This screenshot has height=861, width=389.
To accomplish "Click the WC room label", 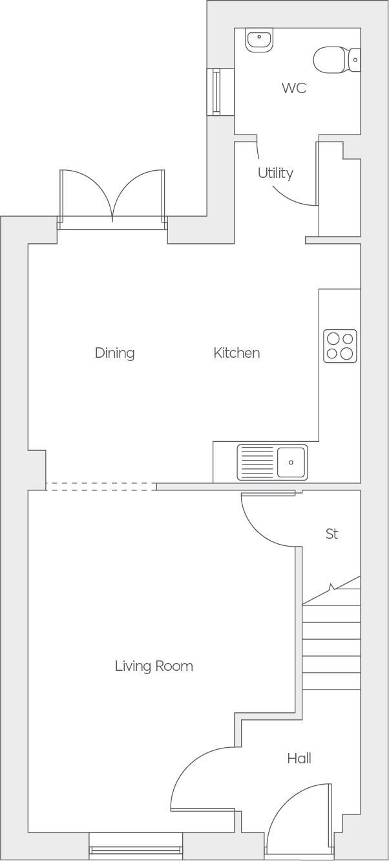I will coord(293,88).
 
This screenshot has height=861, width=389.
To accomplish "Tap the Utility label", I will coord(275,173).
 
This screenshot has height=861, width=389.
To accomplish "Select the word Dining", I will coord(114,353).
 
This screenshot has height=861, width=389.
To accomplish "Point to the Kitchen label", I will coord(237,353).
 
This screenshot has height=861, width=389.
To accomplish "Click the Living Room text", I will coord(154,666).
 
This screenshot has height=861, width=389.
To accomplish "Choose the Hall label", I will coord(299,758).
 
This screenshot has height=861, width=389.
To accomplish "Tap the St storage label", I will coord(331,534).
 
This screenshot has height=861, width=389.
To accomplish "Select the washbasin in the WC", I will coord(259,39).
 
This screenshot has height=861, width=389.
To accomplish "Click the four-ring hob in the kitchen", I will coord(340,346).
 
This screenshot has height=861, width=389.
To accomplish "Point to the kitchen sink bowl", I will coord(291,462).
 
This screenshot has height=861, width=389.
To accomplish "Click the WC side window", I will coord(216,92).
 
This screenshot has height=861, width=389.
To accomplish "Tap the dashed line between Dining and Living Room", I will coord(101,486).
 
